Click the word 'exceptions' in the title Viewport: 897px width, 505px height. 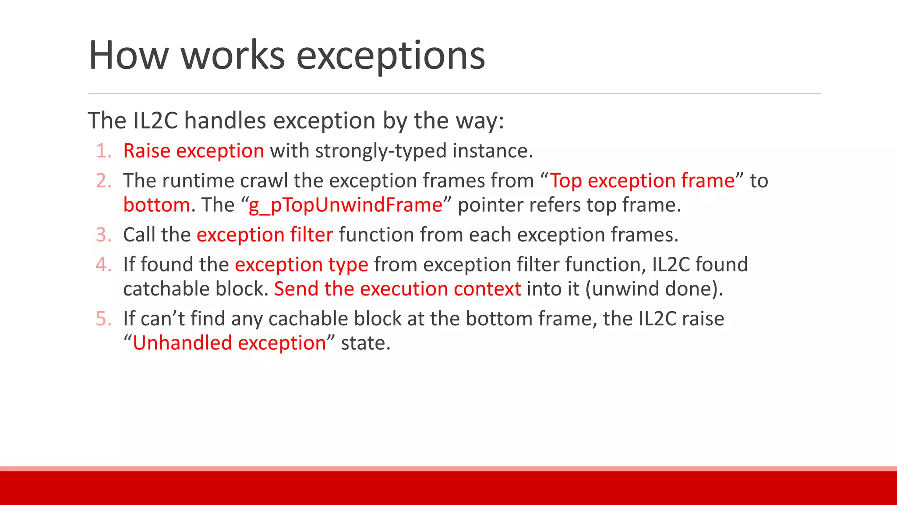coord(391,56)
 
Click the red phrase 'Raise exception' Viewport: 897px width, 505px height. coord(194,151)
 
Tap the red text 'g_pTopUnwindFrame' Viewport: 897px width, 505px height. coord(346,205)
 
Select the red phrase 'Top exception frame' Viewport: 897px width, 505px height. coord(642,181)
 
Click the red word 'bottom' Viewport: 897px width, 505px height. coord(156,205)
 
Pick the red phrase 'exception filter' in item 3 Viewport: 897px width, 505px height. coord(265,235)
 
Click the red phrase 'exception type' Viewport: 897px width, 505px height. coord(301,265)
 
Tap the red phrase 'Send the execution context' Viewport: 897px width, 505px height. coord(397,289)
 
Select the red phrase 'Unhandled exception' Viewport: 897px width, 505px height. coord(229,343)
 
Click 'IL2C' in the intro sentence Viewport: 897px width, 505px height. coord(155,121)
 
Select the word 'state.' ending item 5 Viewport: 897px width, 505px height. coord(365,343)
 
